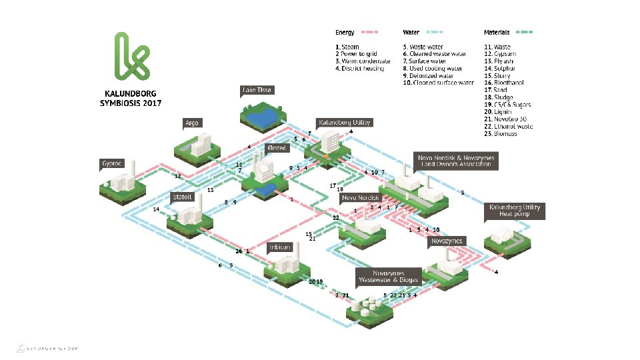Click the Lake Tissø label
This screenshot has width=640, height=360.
[x=257, y=90]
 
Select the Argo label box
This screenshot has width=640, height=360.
[x=193, y=123]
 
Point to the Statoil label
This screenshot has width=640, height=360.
[x=183, y=197]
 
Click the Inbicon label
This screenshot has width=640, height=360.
[x=280, y=247]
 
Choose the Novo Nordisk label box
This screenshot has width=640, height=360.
[x=360, y=198]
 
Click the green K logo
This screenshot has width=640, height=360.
[x=131, y=55]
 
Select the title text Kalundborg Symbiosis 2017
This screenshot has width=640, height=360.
[x=131, y=99]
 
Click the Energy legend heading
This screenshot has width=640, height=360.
[x=345, y=32]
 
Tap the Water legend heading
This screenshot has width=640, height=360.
[x=411, y=32]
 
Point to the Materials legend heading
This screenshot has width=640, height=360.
[x=497, y=32]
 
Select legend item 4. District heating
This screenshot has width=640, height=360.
[x=360, y=69]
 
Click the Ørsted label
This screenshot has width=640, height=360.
[x=276, y=148]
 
